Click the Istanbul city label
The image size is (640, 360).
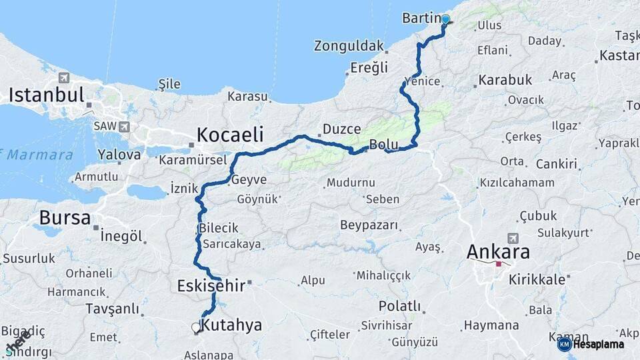click(x=47, y=95)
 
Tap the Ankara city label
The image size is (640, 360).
click(x=498, y=252)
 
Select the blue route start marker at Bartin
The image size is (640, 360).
click(x=445, y=20)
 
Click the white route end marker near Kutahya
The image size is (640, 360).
click(x=196, y=327)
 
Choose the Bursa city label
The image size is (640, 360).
click(x=65, y=217)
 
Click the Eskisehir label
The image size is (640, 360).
click(x=211, y=286)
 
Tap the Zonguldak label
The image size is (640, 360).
click(x=349, y=46)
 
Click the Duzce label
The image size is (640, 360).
click(x=341, y=129)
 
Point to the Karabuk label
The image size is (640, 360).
click(x=505, y=80)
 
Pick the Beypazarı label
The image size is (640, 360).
click(x=369, y=225)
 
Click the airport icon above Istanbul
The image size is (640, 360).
click(x=64, y=77)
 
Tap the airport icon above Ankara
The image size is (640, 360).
click(x=513, y=238)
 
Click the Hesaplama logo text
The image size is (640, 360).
click(x=599, y=345)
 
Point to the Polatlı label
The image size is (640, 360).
click(x=399, y=306)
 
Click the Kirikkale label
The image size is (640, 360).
click(x=537, y=279)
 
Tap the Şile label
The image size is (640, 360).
click(x=169, y=84)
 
